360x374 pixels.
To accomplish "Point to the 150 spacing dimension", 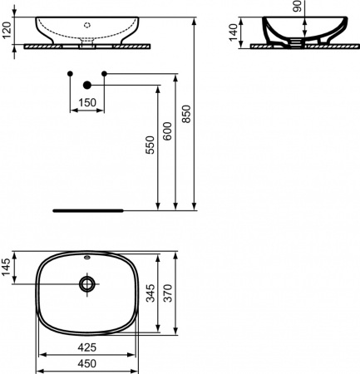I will click(86, 102).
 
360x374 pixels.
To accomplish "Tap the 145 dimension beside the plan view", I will click(7, 268).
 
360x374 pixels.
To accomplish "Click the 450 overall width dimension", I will click(86, 363).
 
